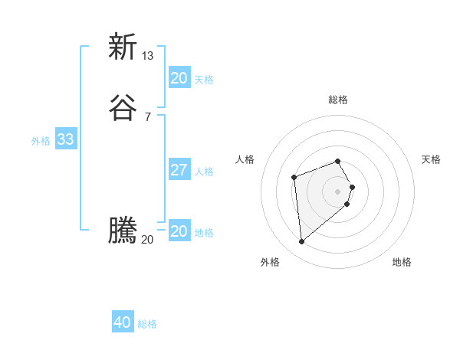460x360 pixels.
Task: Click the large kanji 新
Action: (122, 47)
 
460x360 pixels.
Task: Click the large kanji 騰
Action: (122, 231)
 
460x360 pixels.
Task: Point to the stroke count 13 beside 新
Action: (148, 55)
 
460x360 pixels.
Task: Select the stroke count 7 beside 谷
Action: (148, 116)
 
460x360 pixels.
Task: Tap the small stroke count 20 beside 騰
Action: (147, 240)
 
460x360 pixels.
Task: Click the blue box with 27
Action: (179, 170)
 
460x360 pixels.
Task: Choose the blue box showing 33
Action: (65, 139)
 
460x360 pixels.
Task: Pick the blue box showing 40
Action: (123, 323)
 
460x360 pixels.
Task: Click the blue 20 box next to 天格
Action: (179, 78)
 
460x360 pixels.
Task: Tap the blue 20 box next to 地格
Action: (179, 231)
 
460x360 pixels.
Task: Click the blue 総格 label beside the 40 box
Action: (147, 324)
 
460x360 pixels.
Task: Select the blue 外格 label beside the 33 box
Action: (41, 140)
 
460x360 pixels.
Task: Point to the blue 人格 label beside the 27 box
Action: (205, 171)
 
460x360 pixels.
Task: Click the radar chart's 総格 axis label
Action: (338, 100)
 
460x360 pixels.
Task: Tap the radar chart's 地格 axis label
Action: (402, 262)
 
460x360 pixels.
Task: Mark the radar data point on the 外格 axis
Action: (302, 242)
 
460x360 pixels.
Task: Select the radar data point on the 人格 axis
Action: (294, 178)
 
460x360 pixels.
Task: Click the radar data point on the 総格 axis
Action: (338, 161)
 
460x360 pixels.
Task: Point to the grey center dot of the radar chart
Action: (338, 191)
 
